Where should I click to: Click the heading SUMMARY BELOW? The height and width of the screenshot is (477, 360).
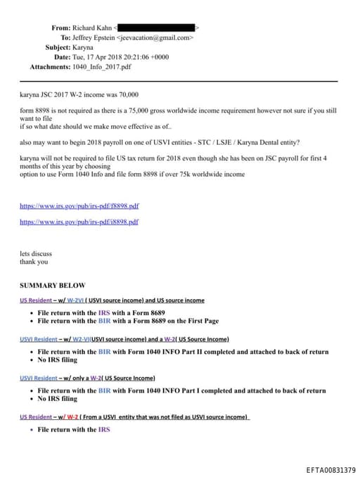52,286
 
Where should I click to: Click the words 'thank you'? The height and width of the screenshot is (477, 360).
34,262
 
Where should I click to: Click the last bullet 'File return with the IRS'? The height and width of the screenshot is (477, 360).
74,429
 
